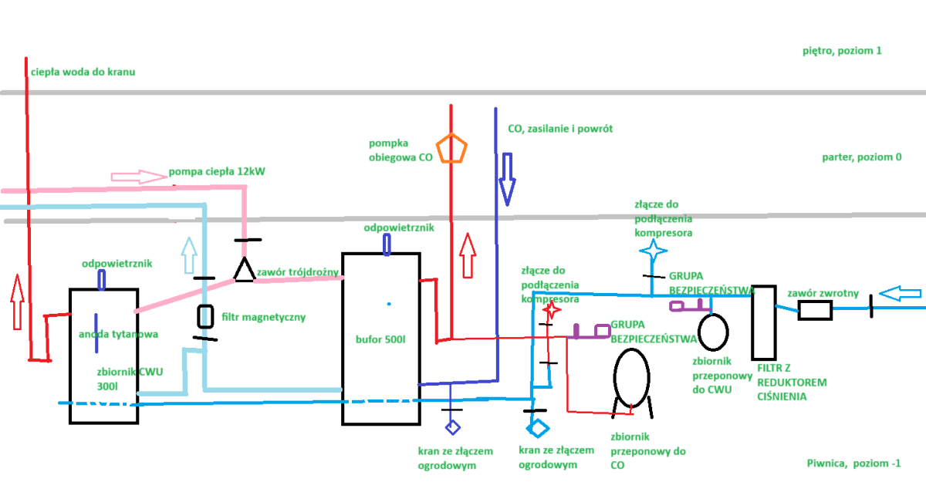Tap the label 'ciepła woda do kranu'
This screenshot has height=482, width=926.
click(x=83, y=72)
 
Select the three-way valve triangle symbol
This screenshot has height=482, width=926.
click(x=245, y=271)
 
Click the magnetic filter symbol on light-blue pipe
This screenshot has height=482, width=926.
click(x=205, y=315)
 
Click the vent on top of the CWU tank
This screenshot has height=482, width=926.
click(x=102, y=279)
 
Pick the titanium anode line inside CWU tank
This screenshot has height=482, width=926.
click(x=96, y=327)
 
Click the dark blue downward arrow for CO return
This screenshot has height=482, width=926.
click(x=507, y=178)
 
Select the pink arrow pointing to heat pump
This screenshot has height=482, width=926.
click(x=140, y=177)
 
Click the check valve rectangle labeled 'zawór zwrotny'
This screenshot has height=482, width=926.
click(x=814, y=310)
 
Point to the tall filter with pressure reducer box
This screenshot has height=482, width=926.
click(x=763, y=322)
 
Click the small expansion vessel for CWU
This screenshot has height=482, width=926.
click(x=714, y=330)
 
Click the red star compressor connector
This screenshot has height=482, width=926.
click(x=552, y=310)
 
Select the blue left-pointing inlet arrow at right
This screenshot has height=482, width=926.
click(x=901, y=294)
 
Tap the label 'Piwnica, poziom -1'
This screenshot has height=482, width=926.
click(x=853, y=463)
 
